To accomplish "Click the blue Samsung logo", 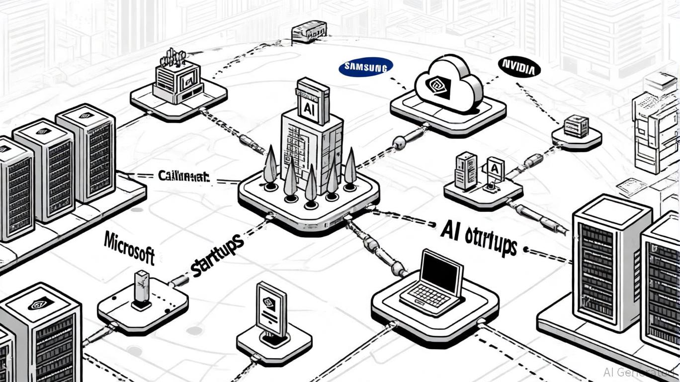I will pyautogui.click(x=365, y=67).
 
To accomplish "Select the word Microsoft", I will pyautogui.click(x=129, y=247).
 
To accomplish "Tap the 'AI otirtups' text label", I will pyautogui.click(x=479, y=237).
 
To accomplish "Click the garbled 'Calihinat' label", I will pyautogui.click(x=183, y=176).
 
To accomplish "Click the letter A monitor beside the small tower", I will pyautogui.click(x=495, y=171).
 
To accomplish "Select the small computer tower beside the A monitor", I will pyautogui.click(x=466, y=170).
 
